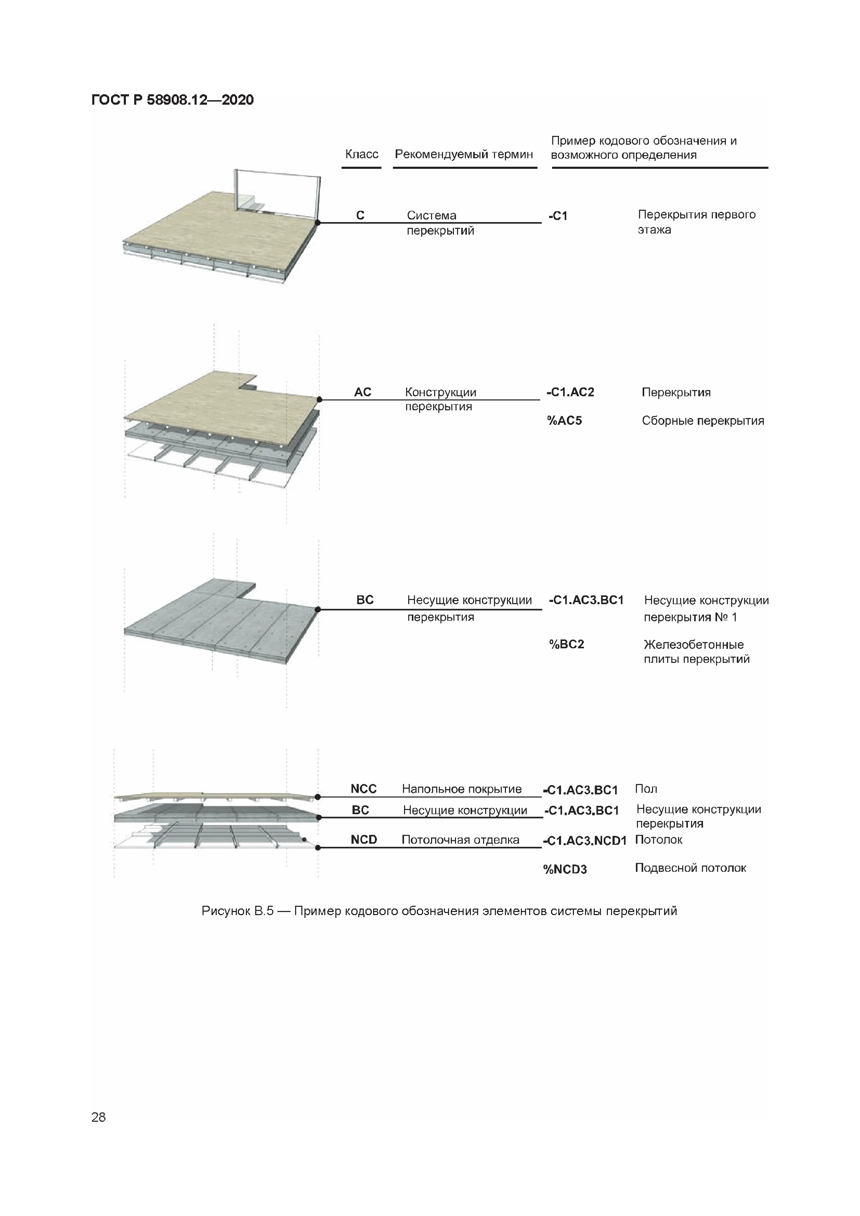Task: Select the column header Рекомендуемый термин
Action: tap(464, 154)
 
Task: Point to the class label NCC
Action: tap(363, 789)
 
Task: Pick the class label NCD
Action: tap(363, 840)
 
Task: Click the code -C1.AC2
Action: tap(570, 392)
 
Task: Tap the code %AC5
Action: tap(564, 420)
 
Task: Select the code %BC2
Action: tap(566, 644)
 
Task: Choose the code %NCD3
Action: tap(565, 869)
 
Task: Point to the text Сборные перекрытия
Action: tap(703, 420)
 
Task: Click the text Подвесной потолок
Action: tap(690, 868)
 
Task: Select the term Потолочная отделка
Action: tap(461, 840)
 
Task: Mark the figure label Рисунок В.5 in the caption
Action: tap(238, 911)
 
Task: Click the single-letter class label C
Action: tap(360, 215)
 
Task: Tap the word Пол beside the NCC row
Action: tap(646, 789)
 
